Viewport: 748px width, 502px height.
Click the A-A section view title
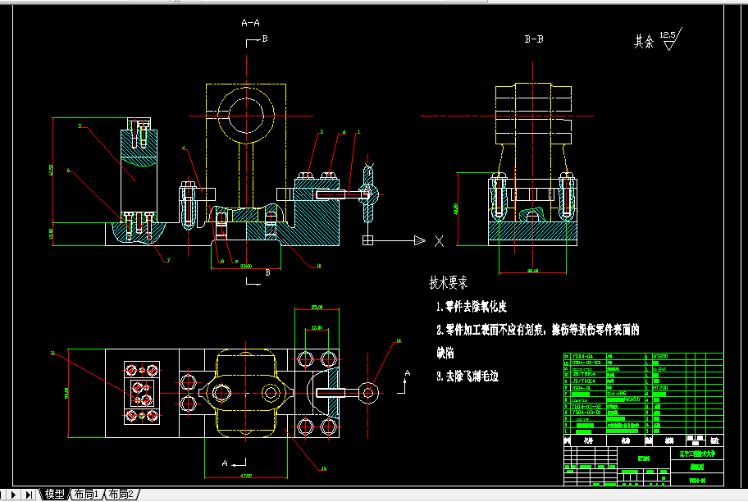point(250,23)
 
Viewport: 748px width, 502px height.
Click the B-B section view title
point(534,39)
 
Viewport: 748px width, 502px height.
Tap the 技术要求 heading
point(448,283)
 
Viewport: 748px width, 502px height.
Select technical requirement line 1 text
point(472,307)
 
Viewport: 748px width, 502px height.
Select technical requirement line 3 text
point(467,376)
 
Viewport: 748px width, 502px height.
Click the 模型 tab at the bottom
point(54,495)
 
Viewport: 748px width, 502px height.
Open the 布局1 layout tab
point(86,495)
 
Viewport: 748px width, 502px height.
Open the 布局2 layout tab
point(121,495)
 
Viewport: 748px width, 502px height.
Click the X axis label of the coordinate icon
point(439,241)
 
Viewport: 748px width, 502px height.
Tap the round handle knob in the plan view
point(367,392)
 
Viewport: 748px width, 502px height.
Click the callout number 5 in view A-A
point(80,126)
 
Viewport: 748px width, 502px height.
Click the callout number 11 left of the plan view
point(52,354)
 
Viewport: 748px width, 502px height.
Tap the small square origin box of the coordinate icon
point(367,240)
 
